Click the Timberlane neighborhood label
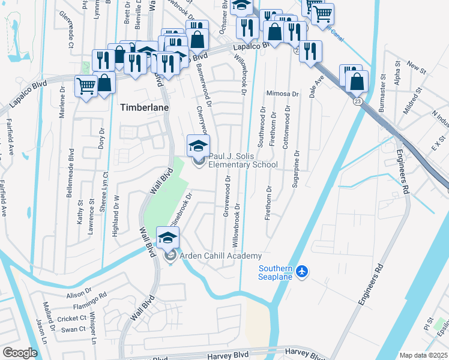click(145, 107)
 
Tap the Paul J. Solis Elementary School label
click(243, 160)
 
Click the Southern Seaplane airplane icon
click(301, 271)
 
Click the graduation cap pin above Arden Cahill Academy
click(168, 238)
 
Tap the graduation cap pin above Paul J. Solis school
click(198, 145)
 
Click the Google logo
click(20, 353)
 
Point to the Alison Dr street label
click(79, 295)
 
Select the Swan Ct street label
click(74, 329)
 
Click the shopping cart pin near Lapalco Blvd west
click(86, 86)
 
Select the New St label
click(416, 64)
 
